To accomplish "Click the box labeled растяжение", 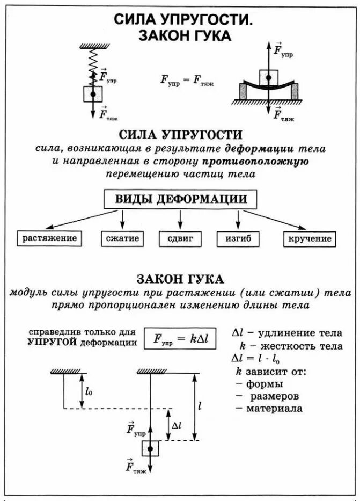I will (x=49, y=238).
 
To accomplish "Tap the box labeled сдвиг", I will (x=180, y=238).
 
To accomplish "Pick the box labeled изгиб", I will (x=238, y=238).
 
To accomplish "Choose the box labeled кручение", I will (x=310, y=238).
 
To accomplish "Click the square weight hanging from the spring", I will (x=93, y=94).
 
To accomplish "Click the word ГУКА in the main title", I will (x=207, y=36).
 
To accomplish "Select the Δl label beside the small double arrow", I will (x=178, y=425).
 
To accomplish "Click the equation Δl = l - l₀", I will (x=258, y=358).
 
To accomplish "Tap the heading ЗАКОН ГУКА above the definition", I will (x=180, y=279).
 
